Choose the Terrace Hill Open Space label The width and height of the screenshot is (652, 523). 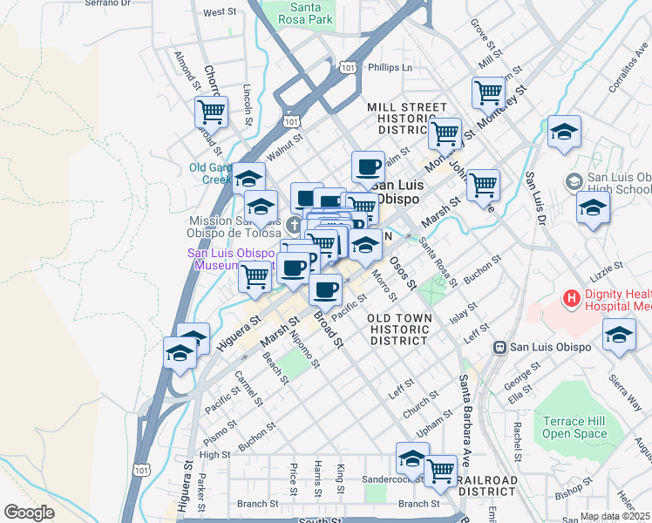[x=574, y=426]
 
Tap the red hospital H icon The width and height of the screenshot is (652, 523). [x=572, y=300]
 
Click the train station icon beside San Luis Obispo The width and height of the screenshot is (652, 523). [x=500, y=347]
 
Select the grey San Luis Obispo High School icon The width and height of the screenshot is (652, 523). [x=574, y=181]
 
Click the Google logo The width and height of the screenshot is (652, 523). [x=29, y=513]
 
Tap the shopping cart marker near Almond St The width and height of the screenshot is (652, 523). [x=211, y=111]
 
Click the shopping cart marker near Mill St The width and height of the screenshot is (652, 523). [x=488, y=91]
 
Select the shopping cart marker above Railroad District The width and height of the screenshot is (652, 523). [x=440, y=470]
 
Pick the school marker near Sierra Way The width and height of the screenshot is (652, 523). [x=619, y=335]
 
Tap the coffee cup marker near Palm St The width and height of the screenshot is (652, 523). [x=368, y=166]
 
